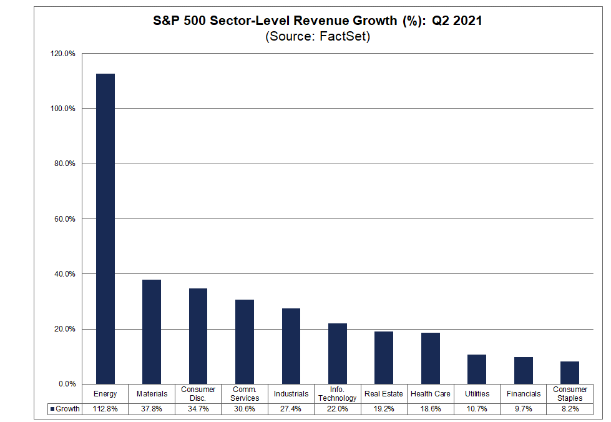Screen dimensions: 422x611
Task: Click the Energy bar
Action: tap(105, 228)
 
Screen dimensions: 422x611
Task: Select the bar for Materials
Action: tap(152, 331)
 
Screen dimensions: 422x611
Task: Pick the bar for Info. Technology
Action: tap(338, 353)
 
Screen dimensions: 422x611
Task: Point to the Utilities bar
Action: tap(477, 369)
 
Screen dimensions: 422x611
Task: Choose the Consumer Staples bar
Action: tap(570, 373)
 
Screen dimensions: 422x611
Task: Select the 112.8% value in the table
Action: tap(105, 409)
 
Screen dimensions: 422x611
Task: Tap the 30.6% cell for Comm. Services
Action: tap(245, 409)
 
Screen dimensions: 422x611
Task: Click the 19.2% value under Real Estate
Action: tap(384, 409)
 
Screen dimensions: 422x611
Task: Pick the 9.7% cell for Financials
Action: tap(524, 409)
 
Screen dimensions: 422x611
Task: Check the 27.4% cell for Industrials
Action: tap(291, 409)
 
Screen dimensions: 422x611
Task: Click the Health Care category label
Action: tap(431, 394)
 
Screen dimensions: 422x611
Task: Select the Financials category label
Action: tap(524, 394)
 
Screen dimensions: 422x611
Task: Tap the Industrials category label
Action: tap(291, 394)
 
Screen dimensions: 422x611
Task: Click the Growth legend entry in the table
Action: tap(65, 409)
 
